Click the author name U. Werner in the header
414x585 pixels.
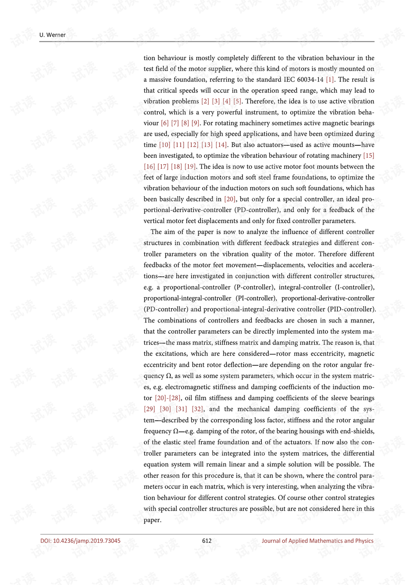pos(53,35)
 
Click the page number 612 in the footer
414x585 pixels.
pos(207,541)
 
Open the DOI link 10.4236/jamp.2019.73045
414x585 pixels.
pos(81,541)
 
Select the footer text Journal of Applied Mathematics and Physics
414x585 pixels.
pos(317,541)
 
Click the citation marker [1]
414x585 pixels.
pos(330,79)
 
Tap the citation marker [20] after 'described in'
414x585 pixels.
pos(230,199)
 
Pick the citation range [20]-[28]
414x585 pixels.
pos(168,398)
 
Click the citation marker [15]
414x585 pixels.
pos(369,156)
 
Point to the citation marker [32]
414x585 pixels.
pos(198,409)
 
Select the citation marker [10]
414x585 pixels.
pos(165,145)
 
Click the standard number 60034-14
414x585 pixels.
pos(310,79)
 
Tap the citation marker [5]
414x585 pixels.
pos(237,101)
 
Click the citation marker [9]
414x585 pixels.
pos(195,123)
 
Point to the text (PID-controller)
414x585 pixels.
pos(351,309)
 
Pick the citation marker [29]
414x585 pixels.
pos(149,409)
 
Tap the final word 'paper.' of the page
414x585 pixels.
pos(152,520)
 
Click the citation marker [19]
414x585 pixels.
pos(190,166)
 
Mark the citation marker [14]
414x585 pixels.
pos(221,145)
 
